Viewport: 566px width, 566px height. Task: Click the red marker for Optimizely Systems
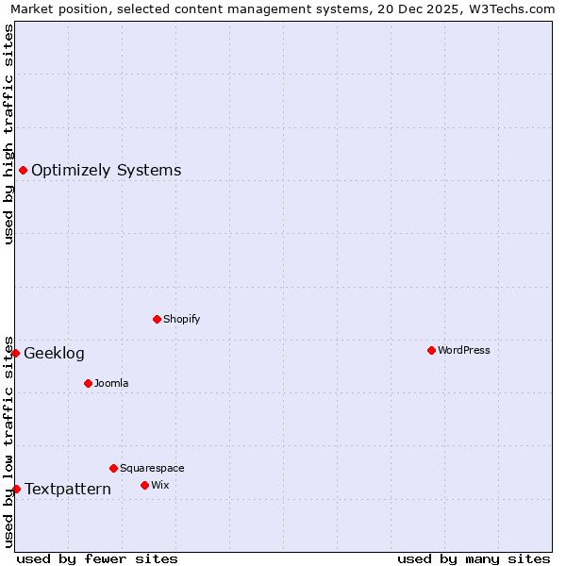23,170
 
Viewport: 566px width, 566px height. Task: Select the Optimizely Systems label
106,171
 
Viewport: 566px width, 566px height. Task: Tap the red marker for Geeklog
15,353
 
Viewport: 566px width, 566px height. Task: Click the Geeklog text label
54,354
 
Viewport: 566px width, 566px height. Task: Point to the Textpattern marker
16,489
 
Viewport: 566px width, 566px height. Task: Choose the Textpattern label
67,489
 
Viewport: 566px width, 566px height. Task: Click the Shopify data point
157,319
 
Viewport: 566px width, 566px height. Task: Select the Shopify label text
181,319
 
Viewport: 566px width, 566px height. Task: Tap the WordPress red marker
431,350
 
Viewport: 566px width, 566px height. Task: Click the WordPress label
463,350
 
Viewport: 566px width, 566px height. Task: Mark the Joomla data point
88,383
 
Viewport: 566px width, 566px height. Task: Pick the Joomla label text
111,383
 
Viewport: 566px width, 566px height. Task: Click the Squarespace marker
113,468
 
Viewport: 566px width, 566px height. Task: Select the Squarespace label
152,468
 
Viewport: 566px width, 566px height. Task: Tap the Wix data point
144,485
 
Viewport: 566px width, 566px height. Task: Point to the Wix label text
159,485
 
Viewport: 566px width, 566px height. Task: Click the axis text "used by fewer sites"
97,558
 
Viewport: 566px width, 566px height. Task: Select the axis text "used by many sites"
474,558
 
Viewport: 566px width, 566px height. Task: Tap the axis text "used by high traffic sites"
8,134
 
